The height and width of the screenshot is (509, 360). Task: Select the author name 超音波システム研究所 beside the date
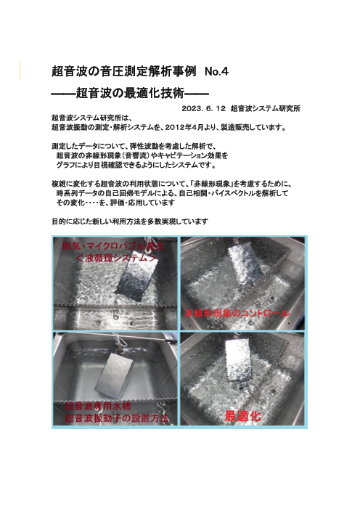266,108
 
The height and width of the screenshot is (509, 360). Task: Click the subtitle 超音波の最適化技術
131,93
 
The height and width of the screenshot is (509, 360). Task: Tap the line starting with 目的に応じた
131,220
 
